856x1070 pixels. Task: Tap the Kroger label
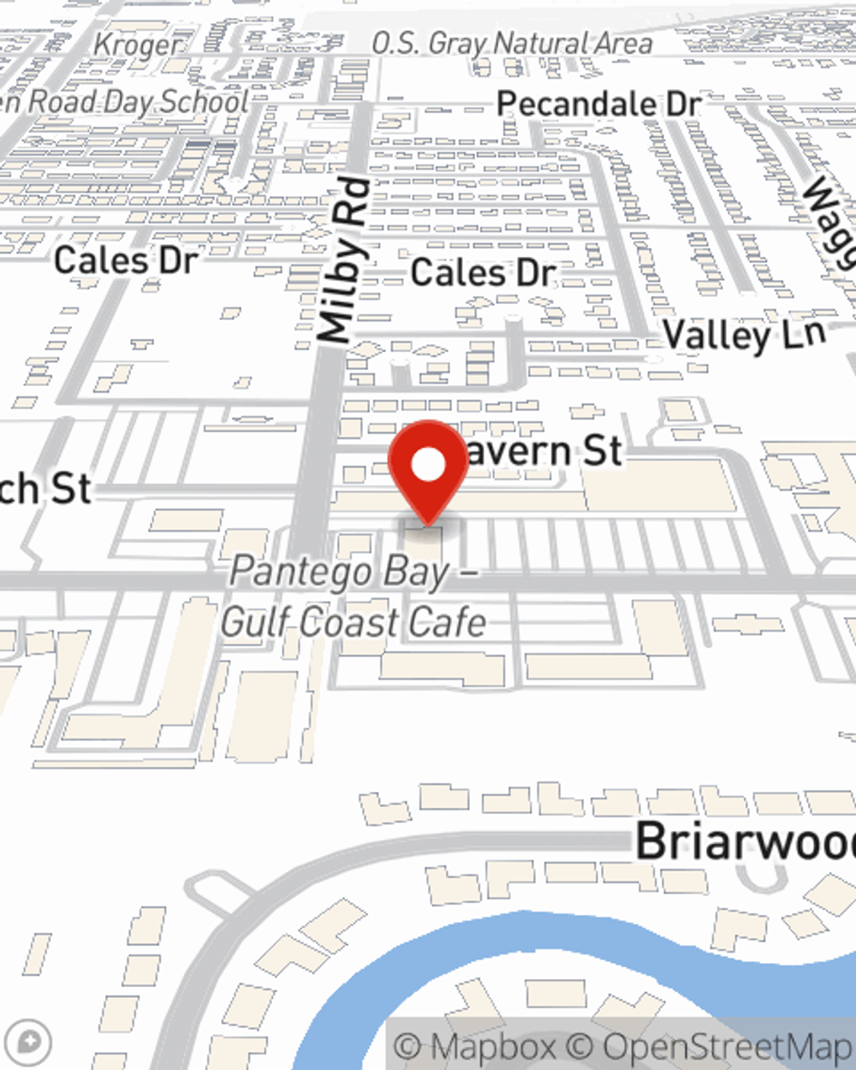point(138,45)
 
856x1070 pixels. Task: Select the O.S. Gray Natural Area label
point(511,43)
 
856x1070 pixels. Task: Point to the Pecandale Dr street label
point(598,104)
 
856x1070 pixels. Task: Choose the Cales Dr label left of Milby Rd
point(126,260)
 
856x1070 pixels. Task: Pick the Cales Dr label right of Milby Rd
point(484,273)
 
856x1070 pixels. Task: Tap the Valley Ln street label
point(744,335)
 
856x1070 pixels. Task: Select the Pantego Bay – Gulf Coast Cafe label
point(354,597)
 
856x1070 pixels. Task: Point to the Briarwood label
point(745,841)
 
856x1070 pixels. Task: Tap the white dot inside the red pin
point(429,465)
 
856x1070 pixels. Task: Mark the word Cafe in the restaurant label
point(447,622)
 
